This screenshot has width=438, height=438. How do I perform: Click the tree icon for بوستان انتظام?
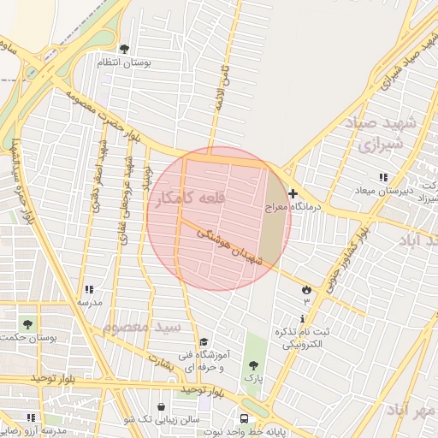[125, 49]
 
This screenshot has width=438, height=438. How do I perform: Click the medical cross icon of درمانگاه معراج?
[293, 194]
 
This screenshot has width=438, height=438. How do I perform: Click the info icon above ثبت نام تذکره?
[288, 319]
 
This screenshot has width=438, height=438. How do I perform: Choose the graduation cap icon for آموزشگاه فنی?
[204, 342]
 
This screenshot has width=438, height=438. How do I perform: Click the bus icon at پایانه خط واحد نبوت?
[245, 419]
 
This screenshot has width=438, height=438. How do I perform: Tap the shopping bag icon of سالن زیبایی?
[163, 406]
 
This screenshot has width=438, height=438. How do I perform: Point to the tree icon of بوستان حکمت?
[27, 325]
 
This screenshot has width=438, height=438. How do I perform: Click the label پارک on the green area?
[252, 376]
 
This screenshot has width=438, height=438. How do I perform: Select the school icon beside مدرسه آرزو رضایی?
[31, 417]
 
